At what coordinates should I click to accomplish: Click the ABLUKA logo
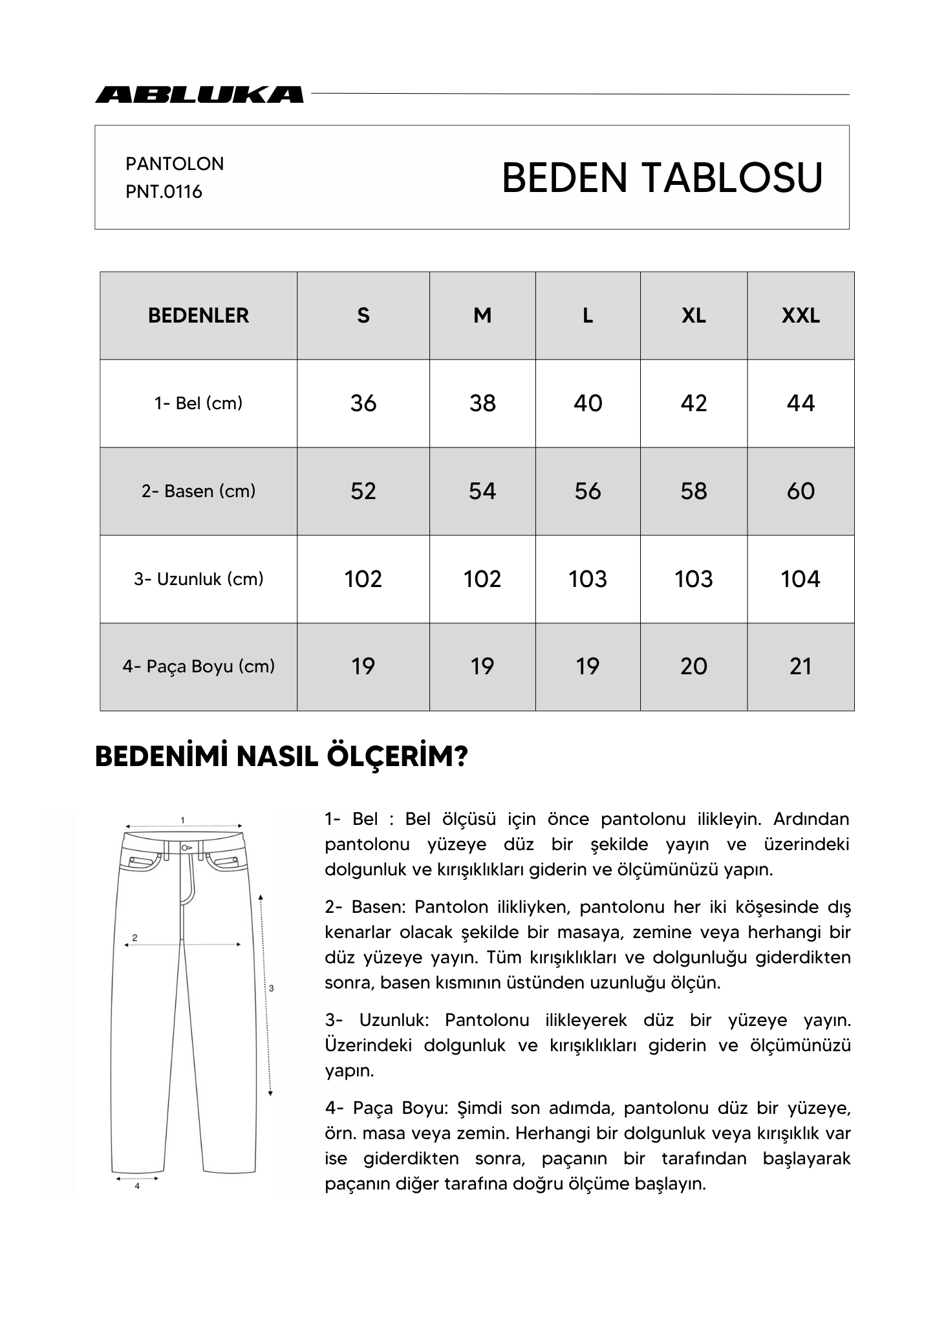(199, 94)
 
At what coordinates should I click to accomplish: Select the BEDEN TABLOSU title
(661, 178)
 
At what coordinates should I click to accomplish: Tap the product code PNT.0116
(164, 192)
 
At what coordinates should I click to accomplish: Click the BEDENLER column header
(199, 315)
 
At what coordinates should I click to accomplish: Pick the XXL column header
(801, 315)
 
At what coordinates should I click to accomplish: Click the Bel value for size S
(363, 403)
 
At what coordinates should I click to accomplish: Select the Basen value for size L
(588, 491)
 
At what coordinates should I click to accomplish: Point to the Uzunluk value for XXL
(801, 579)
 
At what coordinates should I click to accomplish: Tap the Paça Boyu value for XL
(694, 667)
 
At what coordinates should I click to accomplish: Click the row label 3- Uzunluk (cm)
(199, 579)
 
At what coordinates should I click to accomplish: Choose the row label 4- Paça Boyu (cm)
(199, 667)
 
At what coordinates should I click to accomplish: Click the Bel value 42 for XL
(694, 403)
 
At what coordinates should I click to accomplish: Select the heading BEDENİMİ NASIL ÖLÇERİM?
(281, 757)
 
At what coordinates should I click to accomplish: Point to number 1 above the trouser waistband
(183, 820)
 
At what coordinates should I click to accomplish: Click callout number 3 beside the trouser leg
(271, 988)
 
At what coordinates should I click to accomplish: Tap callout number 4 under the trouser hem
(137, 1186)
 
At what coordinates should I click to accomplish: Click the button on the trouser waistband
(186, 847)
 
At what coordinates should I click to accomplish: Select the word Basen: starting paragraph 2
(378, 907)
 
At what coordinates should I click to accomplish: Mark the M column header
(482, 315)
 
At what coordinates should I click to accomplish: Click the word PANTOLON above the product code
(175, 164)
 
